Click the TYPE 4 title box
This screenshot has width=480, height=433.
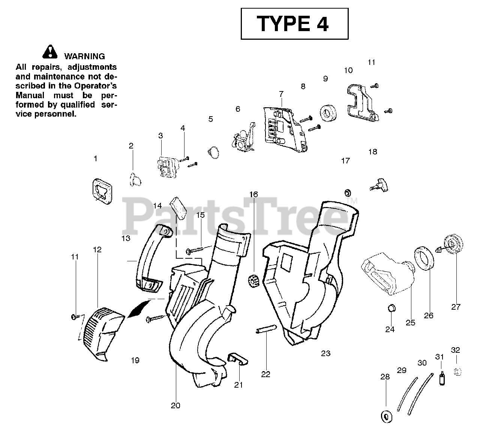pos(294,24)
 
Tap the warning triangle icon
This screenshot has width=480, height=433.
pos(50,52)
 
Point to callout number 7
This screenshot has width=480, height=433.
pos(281,94)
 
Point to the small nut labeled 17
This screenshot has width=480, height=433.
pos(347,193)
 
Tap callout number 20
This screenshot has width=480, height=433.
pos(175,405)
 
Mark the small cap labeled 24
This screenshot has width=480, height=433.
pos(391,308)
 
